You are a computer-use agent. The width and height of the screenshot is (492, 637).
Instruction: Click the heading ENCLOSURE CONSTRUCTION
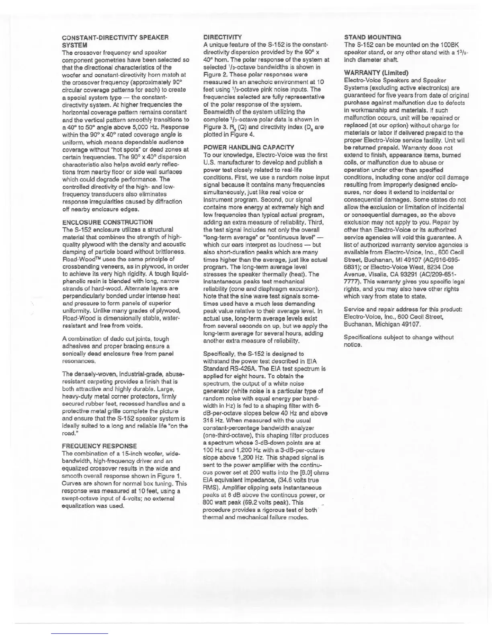coord(107,222)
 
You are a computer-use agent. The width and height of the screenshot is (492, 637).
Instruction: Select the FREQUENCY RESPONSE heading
coord(99,446)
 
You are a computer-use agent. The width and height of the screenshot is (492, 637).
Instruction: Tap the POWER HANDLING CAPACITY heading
coord(248,147)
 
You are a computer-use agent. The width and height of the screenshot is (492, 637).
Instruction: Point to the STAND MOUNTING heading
coord(373,37)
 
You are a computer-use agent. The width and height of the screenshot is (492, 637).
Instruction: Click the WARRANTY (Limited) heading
coord(376,73)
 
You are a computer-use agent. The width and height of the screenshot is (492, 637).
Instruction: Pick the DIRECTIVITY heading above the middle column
coord(222,37)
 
